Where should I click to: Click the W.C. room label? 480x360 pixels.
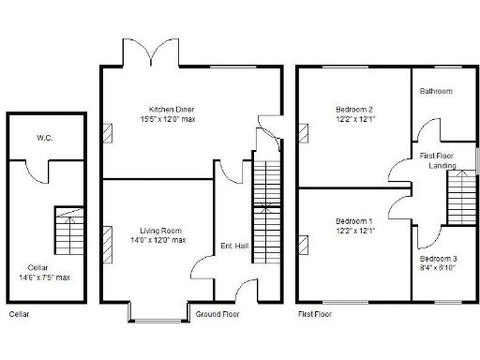coord(44,138)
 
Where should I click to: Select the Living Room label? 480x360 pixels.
coord(160,231)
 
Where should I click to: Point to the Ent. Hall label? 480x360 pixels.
coord(234,245)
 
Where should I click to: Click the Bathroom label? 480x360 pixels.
coord(436,91)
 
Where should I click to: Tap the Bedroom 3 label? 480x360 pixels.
coord(438,258)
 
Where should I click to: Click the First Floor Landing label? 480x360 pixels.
coord(437,159)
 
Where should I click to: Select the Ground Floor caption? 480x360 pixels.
coord(217,314)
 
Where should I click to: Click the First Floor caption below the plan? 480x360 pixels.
coord(315,314)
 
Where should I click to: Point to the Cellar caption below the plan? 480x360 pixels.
coord(19,314)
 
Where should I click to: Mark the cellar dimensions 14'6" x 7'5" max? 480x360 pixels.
coord(44,277)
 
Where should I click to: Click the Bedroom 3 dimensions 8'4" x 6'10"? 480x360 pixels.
coord(438,267)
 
